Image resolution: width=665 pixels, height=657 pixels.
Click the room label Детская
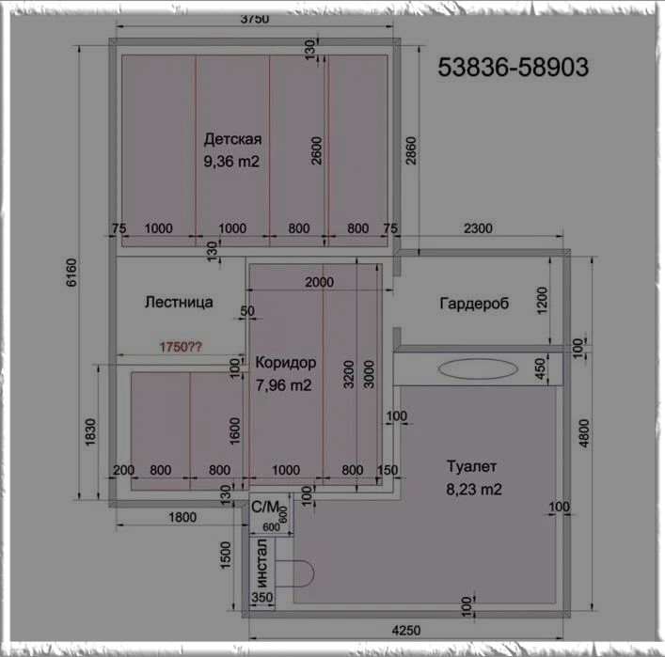pyautogui.click(x=232, y=139)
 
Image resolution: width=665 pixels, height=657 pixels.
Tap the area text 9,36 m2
pyautogui.click(x=231, y=162)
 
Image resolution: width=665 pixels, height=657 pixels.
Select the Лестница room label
pyautogui.click(x=179, y=303)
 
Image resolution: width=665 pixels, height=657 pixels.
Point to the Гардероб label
pyautogui.click(x=474, y=304)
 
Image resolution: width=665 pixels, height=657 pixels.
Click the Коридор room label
pyautogui.click(x=285, y=363)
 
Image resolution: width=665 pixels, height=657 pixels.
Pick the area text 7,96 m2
pyautogui.click(x=283, y=385)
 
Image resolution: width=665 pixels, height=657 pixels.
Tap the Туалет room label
pyautogui.click(x=471, y=467)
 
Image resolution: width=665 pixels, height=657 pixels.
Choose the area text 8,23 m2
pyautogui.click(x=474, y=490)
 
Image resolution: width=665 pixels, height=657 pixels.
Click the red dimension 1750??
pyautogui.click(x=181, y=347)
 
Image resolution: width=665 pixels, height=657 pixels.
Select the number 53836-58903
pyautogui.click(x=513, y=67)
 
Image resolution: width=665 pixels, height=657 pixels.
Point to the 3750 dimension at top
pyautogui.click(x=255, y=20)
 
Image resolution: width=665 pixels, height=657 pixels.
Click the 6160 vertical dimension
pyautogui.click(x=71, y=273)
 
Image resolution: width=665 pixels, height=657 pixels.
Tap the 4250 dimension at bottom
pyautogui.click(x=406, y=631)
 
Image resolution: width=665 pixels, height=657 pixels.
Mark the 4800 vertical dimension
pyautogui.click(x=584, y=433)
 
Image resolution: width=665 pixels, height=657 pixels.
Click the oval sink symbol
pyautogui.click(x=478, y=369)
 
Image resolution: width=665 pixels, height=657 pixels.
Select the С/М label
pyautogui.click(x=265, y=507)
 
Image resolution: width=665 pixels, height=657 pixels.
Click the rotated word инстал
pyautogui.click(x=261, y=562)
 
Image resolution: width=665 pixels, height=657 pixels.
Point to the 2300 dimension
pyautogui.click(x=478, y=228)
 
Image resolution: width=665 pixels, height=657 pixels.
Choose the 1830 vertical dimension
pyautogui.click(x=90, y=432)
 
